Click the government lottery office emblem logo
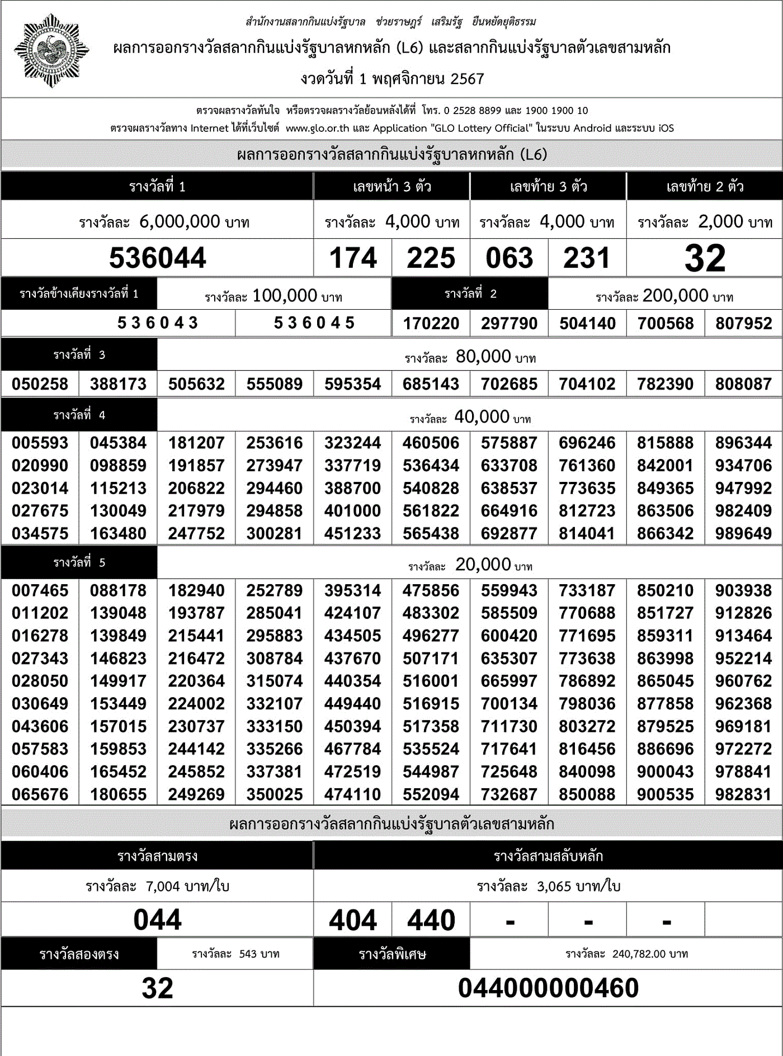coord(51,51)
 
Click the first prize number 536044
coord(157,258)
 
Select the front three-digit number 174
coord(353,258)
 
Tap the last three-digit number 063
coord(509,258)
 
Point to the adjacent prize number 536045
coord(314,323)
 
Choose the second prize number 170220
coord(431,324)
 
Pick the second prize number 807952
coord(743,324)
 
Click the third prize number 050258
coord(40,384)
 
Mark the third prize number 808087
coord(743,384)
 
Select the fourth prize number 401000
coord(352,511)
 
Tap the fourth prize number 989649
coord(743,534)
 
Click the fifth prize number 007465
coord(40,591)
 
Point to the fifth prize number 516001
coord(431,681)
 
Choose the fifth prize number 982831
coord(743,794)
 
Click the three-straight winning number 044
coord(157,920)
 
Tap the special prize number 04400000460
coord(548,988)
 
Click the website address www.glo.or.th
coord(317,128)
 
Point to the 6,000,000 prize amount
coord(180,221)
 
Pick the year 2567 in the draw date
coord(467,79)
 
